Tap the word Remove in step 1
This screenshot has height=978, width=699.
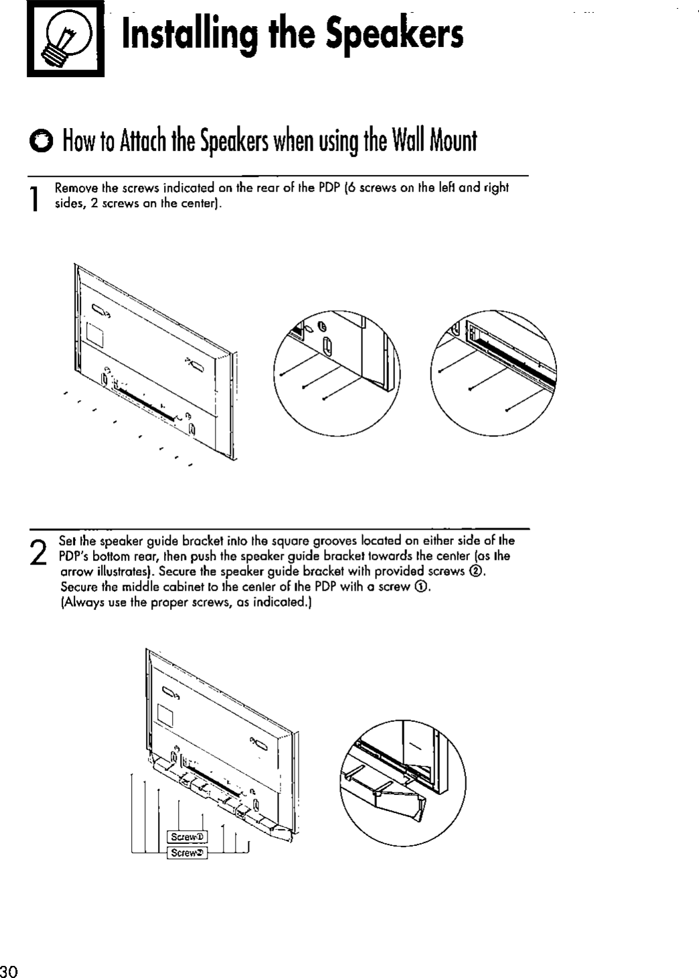tap(72, 188)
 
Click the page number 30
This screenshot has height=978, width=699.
tap(9, 971)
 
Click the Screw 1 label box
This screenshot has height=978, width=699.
tap(188, 837)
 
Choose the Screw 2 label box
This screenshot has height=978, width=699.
tap(188, 853)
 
